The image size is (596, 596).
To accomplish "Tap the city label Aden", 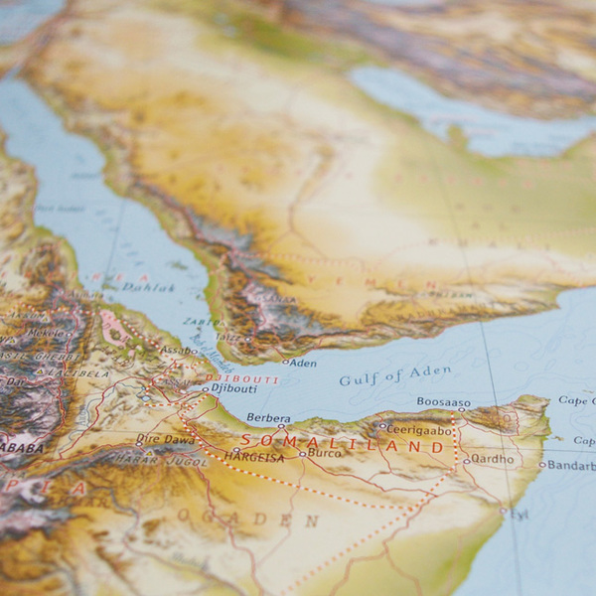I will tap(302, 364).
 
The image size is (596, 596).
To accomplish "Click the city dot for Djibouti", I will tap(206, 389).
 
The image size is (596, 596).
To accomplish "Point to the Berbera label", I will tap(268, 419).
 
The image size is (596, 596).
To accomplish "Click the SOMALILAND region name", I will tap(342, 446).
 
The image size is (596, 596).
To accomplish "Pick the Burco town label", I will tap(327, 454).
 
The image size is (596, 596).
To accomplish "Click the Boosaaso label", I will tap(443, 402).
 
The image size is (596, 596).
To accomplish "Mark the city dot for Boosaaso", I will tap(462, 409).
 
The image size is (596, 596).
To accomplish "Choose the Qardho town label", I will tap(493, 459).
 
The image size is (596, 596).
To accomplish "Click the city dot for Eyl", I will tap(503, 512).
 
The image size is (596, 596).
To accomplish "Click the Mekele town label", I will tap(50, 333).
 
